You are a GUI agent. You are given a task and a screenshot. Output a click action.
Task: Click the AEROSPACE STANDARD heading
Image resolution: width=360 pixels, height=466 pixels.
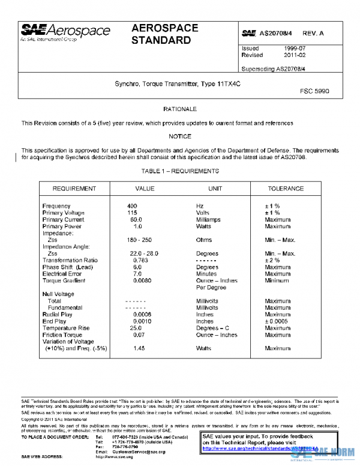(x=161, y=35)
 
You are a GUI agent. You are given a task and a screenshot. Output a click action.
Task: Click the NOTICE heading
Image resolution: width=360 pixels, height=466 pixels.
(x=180, y=137)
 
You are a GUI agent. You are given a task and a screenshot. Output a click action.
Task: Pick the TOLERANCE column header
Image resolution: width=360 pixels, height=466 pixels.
(x=285, y=189)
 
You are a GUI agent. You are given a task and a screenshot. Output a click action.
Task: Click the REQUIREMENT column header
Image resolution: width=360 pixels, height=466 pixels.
(x=74, y=189)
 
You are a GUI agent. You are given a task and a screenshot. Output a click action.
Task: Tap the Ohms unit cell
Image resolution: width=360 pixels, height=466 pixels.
(x=205, y=240)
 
